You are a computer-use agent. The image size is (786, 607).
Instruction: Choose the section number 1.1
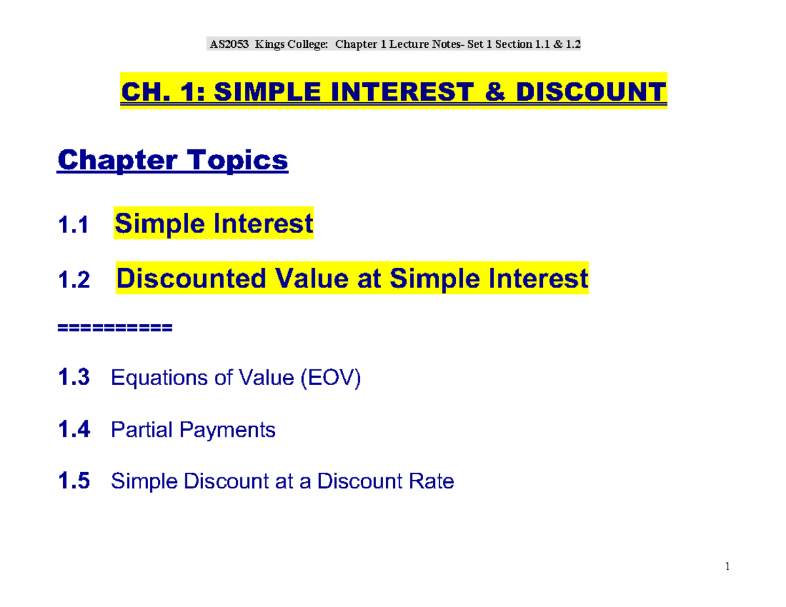[72, 227]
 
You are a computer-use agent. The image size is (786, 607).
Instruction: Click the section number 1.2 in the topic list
[72, 282]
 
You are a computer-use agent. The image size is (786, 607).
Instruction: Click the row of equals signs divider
[115, 327]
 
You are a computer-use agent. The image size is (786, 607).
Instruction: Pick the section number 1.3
[75, 378]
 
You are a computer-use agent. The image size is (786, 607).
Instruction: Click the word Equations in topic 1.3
[160, 378]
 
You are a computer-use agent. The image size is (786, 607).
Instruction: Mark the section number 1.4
[75, 430]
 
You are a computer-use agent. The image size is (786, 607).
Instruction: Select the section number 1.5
[75, 482]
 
